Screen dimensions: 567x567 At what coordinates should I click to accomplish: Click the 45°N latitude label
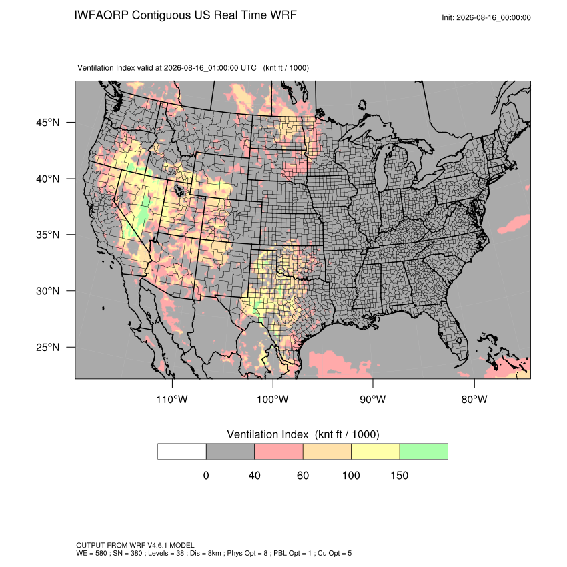[x=47, y=123]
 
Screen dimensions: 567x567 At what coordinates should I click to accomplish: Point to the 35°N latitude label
[x=47, y=235]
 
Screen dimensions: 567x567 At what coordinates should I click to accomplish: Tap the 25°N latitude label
[x=47, y=347]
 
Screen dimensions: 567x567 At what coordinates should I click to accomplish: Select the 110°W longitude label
[x=172, y=399]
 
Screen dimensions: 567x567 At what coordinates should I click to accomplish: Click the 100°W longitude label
[x=273, y=399]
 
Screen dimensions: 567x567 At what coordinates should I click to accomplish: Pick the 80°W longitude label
[x=474, y=399]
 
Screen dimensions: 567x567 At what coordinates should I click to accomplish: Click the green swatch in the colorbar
[x=424, y=452]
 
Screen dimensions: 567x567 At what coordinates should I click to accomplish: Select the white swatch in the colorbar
[x=182, y=452]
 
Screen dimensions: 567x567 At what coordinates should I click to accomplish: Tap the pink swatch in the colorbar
[x=279, y=452]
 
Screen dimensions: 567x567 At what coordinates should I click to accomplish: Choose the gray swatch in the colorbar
[x=230, y=452]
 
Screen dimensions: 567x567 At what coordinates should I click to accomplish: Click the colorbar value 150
[x=399, y=475]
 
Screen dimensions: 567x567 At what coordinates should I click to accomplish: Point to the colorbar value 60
[x=303, y=475]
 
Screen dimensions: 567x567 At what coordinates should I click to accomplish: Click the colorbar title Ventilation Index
[x=267, y=434]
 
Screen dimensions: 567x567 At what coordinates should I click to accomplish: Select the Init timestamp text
[x=486, y=17]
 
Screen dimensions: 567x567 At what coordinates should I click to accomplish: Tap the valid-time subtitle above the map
[x=193, y=68]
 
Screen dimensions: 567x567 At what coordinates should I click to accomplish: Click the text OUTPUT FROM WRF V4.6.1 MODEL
[x=135, y=545]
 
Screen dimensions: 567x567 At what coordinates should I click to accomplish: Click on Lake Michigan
[x=381, y=167]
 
